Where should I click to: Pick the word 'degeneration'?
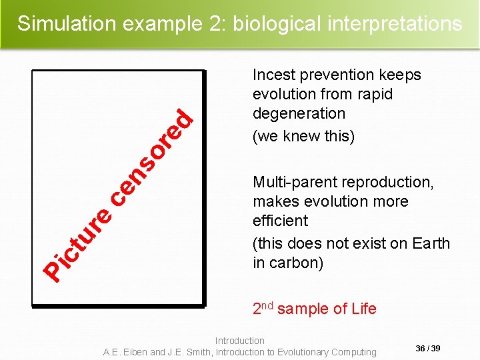click(x=299, y=113)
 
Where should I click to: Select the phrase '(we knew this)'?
click(x=303, y=136)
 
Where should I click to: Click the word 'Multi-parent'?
click(x=294, y=182)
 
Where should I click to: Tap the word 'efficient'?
click(x=280, y=221)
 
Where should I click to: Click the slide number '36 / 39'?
click(x=427, y=349)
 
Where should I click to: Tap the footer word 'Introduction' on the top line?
click(x=240, y=341)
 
